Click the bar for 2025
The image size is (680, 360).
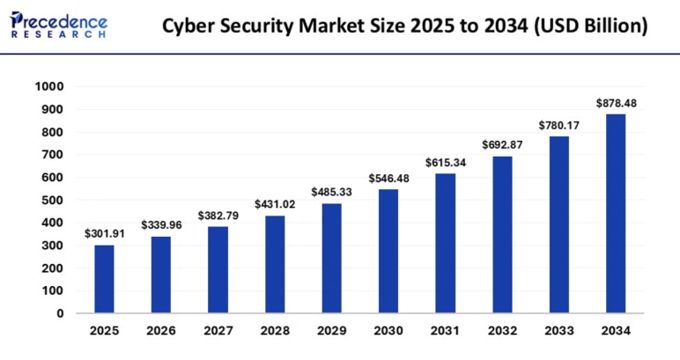104,278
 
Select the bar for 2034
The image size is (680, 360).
616,213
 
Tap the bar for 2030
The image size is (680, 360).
388,251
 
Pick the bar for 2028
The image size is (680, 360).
275,264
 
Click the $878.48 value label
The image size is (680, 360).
616,103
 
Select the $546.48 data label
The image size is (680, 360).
388,178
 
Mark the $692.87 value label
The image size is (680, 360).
502,144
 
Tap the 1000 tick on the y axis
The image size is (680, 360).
49,87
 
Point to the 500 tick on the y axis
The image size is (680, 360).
54,200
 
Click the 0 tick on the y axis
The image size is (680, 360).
61,312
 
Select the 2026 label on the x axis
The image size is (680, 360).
161,331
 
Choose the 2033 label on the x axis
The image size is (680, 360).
558,331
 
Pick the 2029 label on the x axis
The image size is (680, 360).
331,331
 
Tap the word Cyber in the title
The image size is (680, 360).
188,26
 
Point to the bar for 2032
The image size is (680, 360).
502,234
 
